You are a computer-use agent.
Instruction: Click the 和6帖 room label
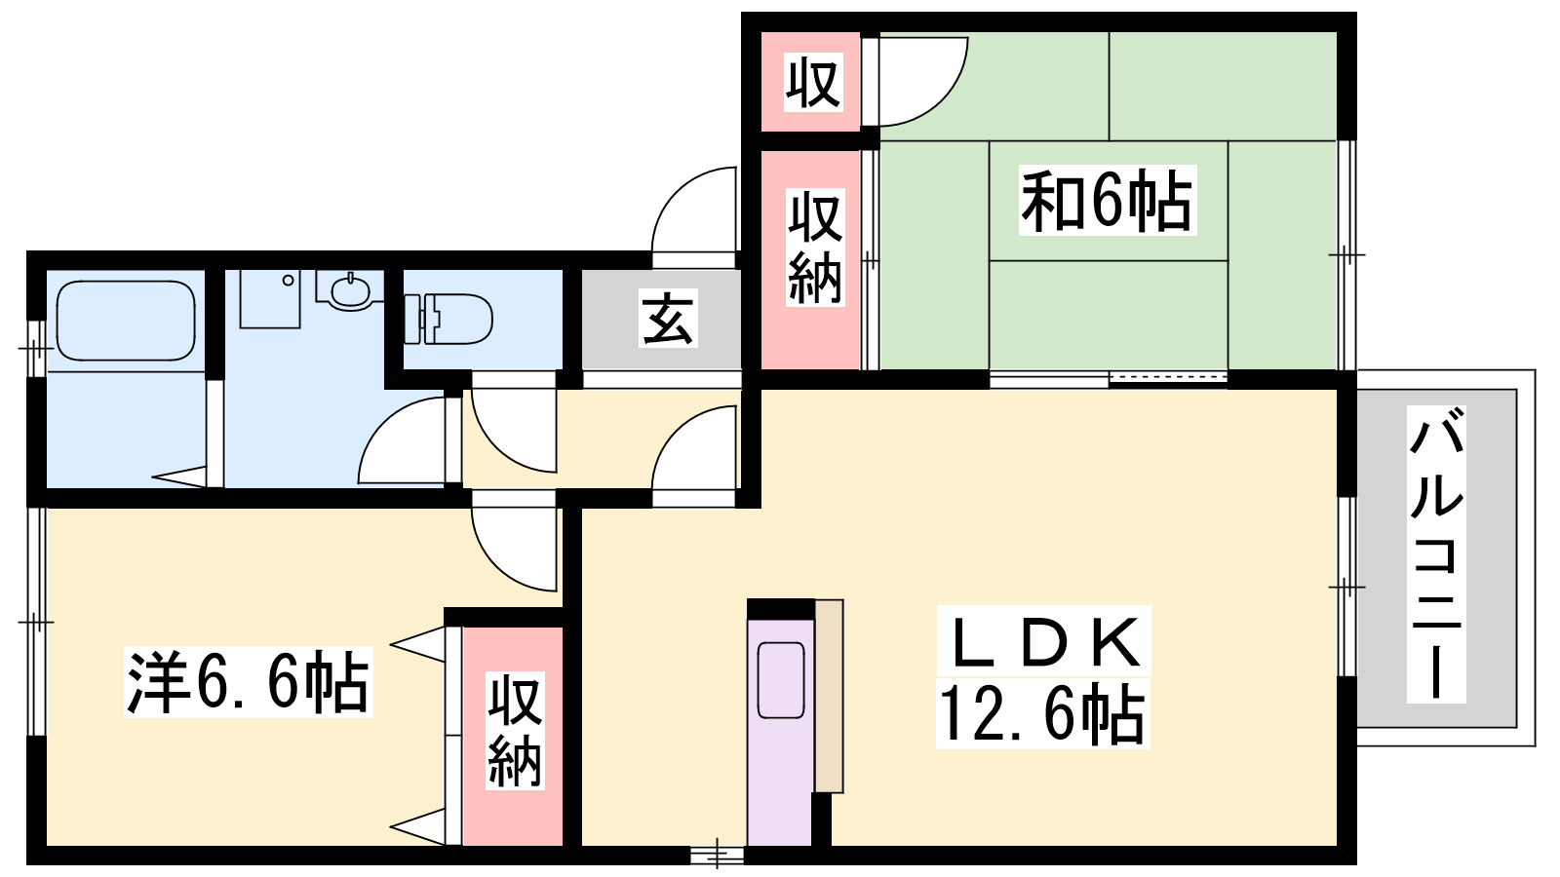tap(1108, 201)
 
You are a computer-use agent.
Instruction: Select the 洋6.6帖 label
tap(248, 681)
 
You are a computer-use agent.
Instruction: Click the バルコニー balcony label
tap(1436, 554)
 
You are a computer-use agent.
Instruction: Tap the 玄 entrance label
tap(668, 318)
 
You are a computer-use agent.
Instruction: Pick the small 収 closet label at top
tap(813, 82)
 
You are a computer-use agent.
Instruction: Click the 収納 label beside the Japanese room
tap(815, 248)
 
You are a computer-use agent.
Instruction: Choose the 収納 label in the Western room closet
tap(515, 731)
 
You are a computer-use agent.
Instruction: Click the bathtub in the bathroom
tap(126, 321)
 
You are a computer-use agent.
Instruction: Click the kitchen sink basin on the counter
tap(781, 679)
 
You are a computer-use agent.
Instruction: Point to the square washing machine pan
tap(270, 298)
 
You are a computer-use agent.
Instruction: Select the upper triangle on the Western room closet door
tap(418, 644)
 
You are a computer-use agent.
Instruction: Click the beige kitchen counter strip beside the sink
tap(829, 696)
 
